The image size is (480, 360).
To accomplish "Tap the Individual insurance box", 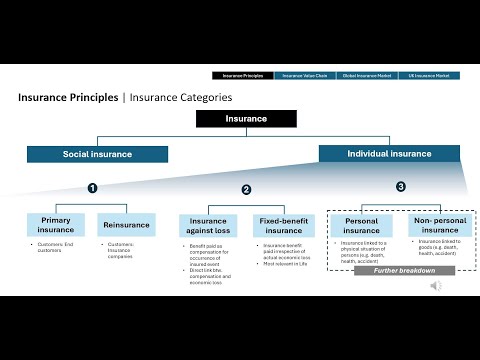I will coord(388,154).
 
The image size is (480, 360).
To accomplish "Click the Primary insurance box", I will coord(56,224).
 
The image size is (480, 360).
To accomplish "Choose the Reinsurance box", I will coord(126,224).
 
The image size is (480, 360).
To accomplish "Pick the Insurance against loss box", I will coord(210,225).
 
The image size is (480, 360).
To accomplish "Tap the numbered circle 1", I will coord(92,187).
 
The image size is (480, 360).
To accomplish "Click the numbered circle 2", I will coord(246,189).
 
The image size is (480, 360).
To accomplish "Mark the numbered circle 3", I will coord(401,186).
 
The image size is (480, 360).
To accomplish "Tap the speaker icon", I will coord(436,285).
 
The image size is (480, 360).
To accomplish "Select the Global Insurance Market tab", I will coord(367,75).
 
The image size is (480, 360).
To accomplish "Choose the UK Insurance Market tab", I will coord(427,75).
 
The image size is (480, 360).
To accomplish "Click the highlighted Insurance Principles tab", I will coord(244,75).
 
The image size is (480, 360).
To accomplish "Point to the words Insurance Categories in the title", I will coord(177,98).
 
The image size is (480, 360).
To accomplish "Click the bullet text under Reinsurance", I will coord(124,248).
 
